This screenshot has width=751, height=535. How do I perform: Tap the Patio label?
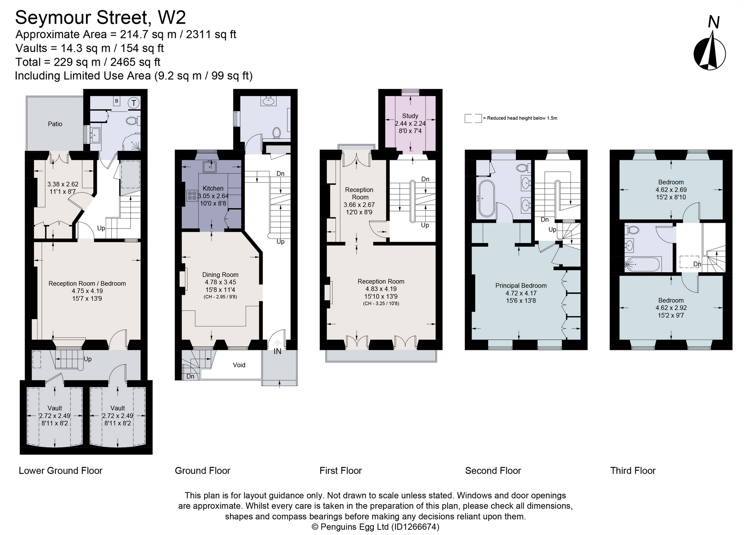coord(55,124)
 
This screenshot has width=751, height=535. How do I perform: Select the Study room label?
coord(410,116)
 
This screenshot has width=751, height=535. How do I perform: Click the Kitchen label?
coord(213,188)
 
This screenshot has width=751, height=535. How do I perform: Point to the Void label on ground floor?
coord(239,365)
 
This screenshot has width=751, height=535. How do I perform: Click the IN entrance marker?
coord(277,351)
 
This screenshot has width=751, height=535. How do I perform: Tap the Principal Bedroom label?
coord(521,286)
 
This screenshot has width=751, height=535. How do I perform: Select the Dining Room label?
coord(220,275)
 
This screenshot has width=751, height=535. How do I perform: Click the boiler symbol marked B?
coord(116,101)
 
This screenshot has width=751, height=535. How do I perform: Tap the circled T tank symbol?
coord(134,103)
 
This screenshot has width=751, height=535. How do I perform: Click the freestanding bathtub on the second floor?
coord(486,198)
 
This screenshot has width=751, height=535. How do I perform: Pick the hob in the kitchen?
coord(192,196)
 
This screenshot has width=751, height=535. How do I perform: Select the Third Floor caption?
coord(633,471)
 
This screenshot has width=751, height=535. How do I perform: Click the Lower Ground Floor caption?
coord(60,471)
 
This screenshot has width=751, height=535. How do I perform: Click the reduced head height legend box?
coord(473,118)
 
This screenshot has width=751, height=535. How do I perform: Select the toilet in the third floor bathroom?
coord(632,230)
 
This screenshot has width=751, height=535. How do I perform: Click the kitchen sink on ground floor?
coord(210,167)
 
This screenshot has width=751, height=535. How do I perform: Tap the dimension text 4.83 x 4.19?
coord(381,289)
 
